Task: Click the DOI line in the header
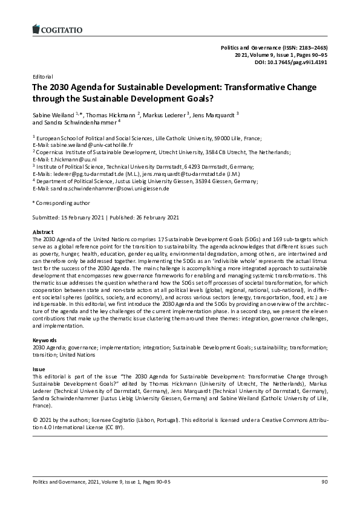pos(292,62)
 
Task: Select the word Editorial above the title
pos(43,77)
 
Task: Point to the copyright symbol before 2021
pos(34,419)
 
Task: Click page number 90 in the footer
pos(324,481)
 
